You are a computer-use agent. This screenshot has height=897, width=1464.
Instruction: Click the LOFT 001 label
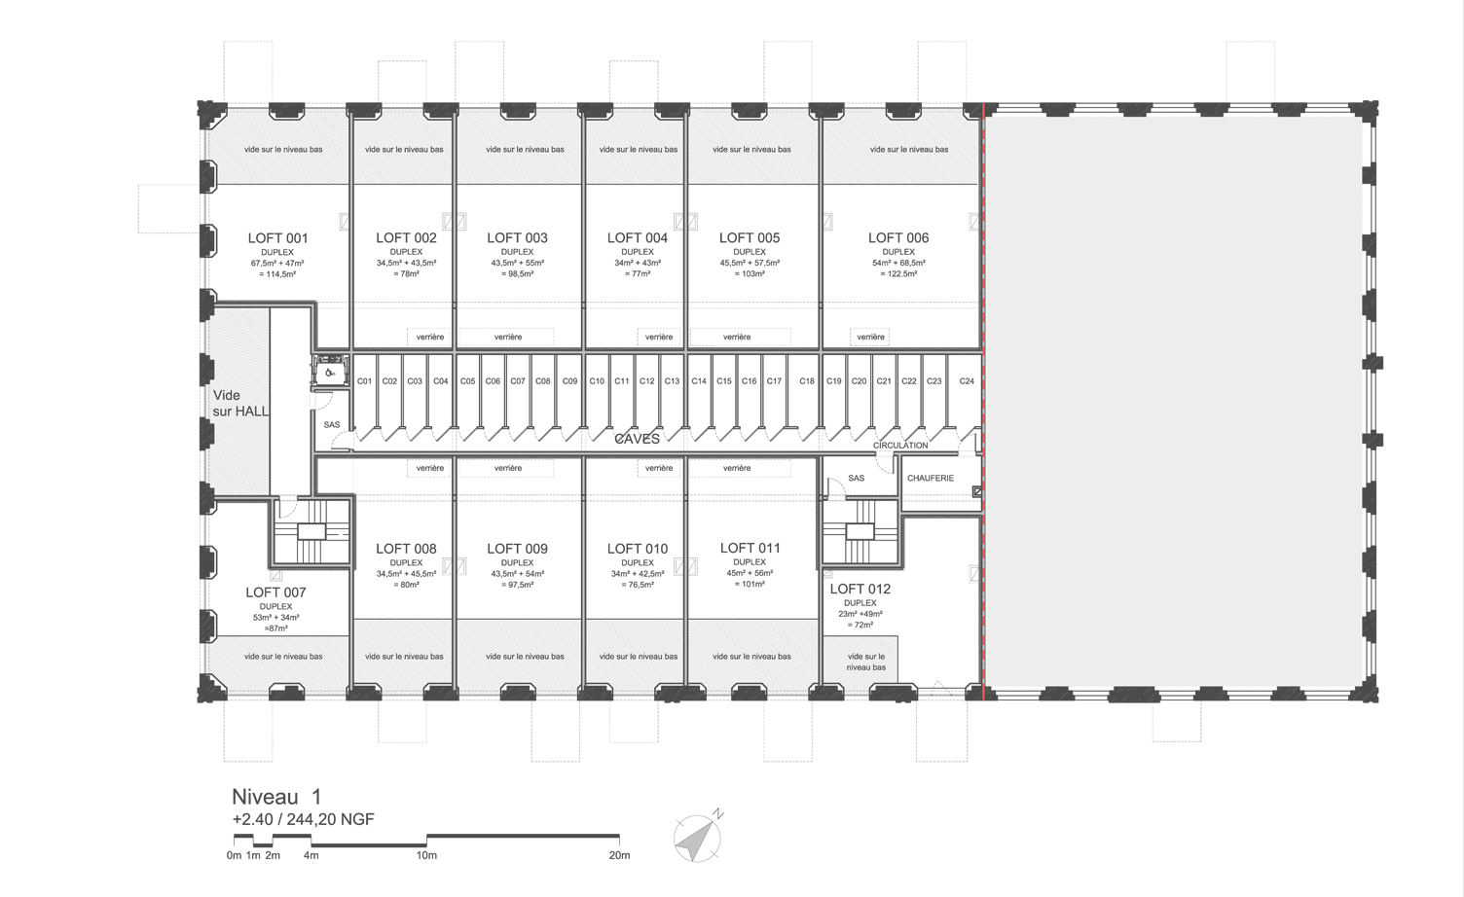tap(277, 238)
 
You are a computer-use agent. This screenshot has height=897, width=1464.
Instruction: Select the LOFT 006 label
tap(898, 237)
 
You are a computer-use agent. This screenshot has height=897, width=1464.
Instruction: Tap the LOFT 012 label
tap(860, 589)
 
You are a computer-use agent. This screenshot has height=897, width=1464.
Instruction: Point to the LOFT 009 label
tap(517, 549)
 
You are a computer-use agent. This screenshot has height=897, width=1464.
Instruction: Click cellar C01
tap(365, 380)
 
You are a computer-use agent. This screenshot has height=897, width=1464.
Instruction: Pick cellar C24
tap(967, 380)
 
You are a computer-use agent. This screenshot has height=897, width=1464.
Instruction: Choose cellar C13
tap(672, 380)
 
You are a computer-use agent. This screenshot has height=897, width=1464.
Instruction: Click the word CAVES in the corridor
tap(638, 439)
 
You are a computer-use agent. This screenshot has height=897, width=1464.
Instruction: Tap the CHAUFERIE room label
tap(931, 479)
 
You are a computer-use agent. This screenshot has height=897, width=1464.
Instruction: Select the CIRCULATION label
tap(900, 446)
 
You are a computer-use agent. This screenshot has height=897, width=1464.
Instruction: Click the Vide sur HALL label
tap(240, 403)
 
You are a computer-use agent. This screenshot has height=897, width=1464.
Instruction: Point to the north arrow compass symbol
tap(698, 838)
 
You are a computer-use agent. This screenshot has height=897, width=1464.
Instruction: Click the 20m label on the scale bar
tap(620, 855)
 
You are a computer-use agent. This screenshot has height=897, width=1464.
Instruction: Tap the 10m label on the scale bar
tap(426, 855)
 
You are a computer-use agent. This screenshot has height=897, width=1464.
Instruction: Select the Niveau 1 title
tap(277, 797)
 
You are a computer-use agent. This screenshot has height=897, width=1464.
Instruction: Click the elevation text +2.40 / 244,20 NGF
tap(304, 819)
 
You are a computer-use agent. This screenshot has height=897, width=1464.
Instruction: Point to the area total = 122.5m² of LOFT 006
tap(898, 273)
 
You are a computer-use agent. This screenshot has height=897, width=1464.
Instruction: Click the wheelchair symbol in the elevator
tap(331, 373)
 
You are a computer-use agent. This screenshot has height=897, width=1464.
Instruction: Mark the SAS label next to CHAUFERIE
tap(857, 479)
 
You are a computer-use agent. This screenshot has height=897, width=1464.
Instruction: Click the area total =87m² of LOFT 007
tap(276, 628)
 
